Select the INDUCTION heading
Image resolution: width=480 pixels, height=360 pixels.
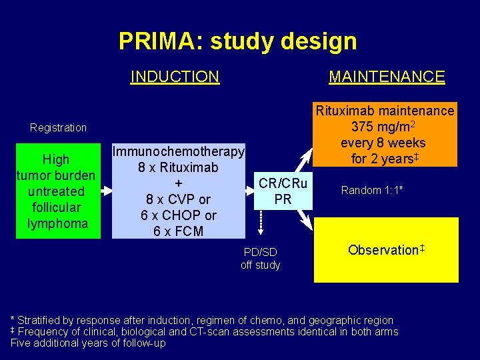(175, 77)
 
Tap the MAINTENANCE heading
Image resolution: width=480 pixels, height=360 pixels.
(387, 77)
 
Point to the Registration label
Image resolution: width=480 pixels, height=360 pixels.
(59, 127)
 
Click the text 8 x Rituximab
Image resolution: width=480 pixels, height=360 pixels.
(178, 167)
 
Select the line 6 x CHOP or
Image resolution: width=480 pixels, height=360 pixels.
(178, 215)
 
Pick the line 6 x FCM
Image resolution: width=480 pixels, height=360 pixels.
(178, 231)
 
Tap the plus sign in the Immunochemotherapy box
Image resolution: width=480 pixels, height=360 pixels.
(178, 183)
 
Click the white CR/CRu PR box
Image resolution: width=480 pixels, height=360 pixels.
(283, 191)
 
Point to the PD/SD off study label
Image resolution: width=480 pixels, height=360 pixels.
(261, 259)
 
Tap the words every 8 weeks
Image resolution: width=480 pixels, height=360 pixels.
(383, 143)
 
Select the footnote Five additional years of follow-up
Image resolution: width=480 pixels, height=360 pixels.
(88, 343)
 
